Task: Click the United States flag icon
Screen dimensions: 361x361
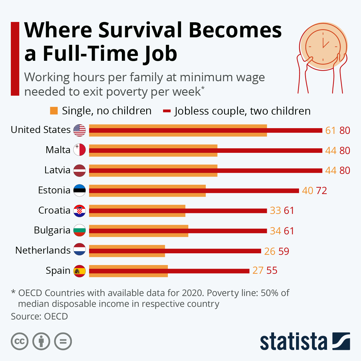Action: click(x=79, y=130)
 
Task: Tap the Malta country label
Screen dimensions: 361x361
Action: click(x=58, y=150)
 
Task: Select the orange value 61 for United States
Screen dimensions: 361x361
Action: click(x=330, y=130)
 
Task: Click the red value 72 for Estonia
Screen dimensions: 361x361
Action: click(x=321, y=190)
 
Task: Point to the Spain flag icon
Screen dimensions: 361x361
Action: click(x=79, y=271)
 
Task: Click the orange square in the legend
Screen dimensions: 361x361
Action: click(x=54, y=111)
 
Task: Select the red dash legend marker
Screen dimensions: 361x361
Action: click(x=167, y=111)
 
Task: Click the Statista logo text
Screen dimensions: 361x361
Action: click(x=293, y=342)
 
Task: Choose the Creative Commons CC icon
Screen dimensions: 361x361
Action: click(x=20, y=341)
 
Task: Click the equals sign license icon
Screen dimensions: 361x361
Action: click(x=63, y=341)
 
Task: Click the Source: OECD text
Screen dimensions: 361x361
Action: click(x=39, y=316)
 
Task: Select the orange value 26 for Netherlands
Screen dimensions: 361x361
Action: click(x=270, y=251)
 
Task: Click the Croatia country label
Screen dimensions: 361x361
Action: click(x=54, y=210)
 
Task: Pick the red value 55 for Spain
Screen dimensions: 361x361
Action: click(x=272, y=270)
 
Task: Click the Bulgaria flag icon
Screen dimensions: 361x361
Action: click(x=79, y=231)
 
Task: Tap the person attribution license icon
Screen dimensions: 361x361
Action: click(x=41, y=341)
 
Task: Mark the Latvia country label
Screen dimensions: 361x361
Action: click(x=57, y=170)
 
